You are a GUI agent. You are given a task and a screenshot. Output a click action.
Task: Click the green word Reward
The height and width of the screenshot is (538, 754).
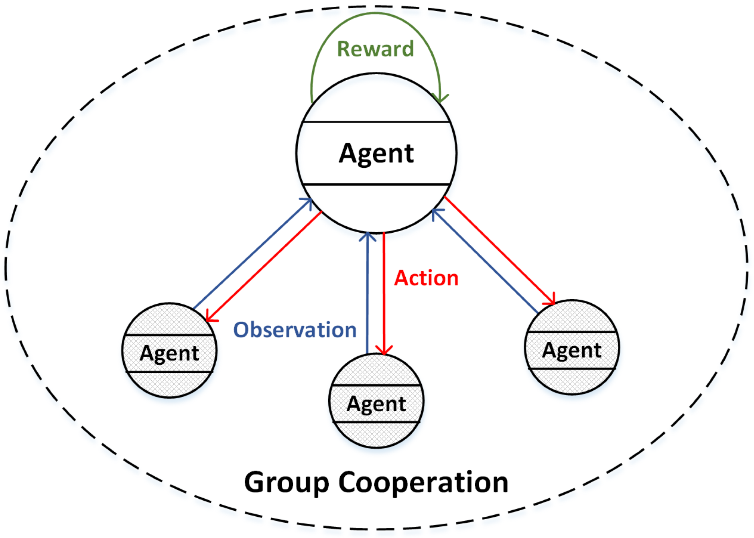tap(375, 49)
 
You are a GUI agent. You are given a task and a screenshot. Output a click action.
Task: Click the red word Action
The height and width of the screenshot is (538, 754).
tap(426, 278)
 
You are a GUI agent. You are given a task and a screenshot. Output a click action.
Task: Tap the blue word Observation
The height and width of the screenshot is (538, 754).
tap(295, 330)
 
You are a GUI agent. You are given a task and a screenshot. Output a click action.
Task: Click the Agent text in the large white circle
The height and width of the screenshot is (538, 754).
tap(376, 153)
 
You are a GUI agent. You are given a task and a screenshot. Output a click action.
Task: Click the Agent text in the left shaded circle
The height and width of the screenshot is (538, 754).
tap(169, 353)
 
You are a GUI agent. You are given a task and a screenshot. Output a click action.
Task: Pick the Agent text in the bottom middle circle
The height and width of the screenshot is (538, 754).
tap(376, 404)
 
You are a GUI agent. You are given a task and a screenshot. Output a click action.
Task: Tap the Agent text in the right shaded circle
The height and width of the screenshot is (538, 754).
tap(571, 350)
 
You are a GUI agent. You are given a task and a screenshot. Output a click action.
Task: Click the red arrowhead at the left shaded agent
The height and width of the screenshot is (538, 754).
tap(209, 317)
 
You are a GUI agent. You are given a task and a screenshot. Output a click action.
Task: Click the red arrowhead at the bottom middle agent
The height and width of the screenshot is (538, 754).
tap(384, 350)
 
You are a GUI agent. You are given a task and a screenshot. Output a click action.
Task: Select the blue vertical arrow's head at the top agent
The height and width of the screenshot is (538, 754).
tap(367, 237)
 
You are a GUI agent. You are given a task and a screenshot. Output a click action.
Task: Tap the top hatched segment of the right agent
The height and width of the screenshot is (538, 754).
tap(571, 317)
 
